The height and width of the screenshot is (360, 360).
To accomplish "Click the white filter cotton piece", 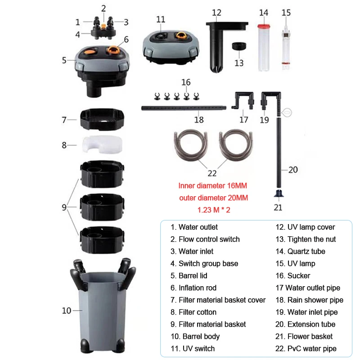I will pos(102,144).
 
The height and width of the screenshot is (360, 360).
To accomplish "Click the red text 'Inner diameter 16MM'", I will pos(212,185).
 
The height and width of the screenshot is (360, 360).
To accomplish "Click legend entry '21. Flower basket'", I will pos(304,336).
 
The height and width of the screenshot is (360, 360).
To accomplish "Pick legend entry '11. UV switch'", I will pos(193,348).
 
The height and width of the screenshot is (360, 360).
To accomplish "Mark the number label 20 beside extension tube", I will pos(293,170).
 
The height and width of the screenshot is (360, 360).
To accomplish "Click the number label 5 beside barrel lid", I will pos(64,59).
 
